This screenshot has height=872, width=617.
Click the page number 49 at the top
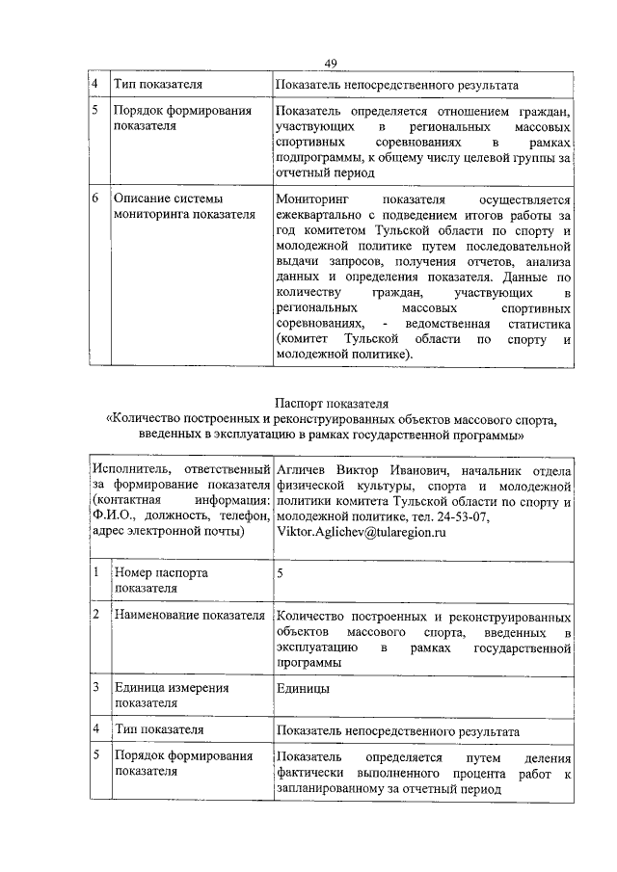330,64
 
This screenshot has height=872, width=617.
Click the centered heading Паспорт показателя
329,402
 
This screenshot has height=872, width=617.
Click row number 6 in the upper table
95,198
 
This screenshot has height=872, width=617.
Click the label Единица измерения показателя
171,696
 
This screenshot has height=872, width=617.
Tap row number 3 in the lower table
95,688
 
